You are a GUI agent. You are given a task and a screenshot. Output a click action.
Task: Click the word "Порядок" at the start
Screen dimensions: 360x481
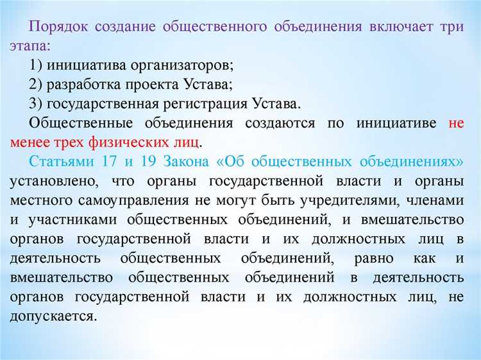click(x=58, y=28)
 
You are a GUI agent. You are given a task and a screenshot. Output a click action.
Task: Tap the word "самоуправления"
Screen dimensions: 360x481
click(x=131, y=200)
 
